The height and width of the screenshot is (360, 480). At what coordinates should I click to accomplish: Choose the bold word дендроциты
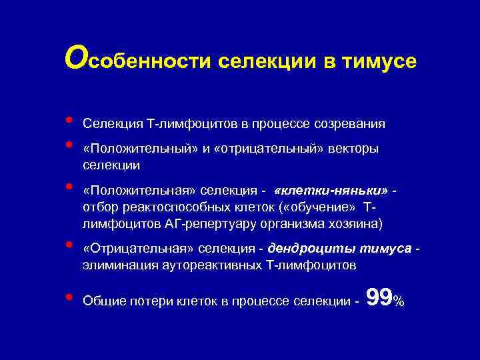coord(303,249)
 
